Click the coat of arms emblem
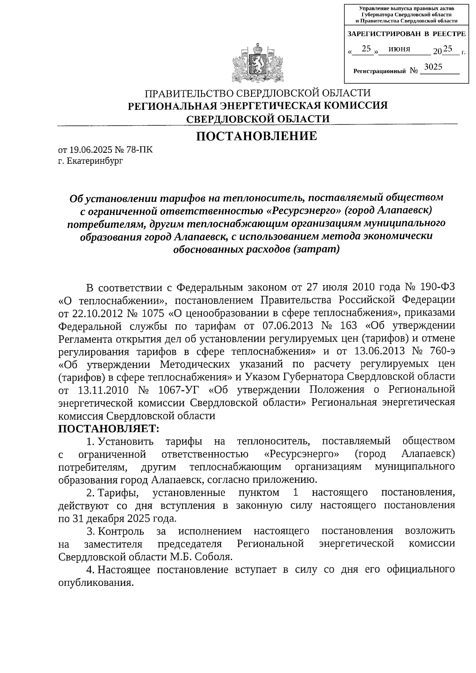[x=257, y=61]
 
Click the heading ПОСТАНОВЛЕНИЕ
[x=257, y=136]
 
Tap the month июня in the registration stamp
[x=399, y=49]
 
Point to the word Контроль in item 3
[x=121, y=531]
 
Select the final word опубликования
[x=96, y=583]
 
